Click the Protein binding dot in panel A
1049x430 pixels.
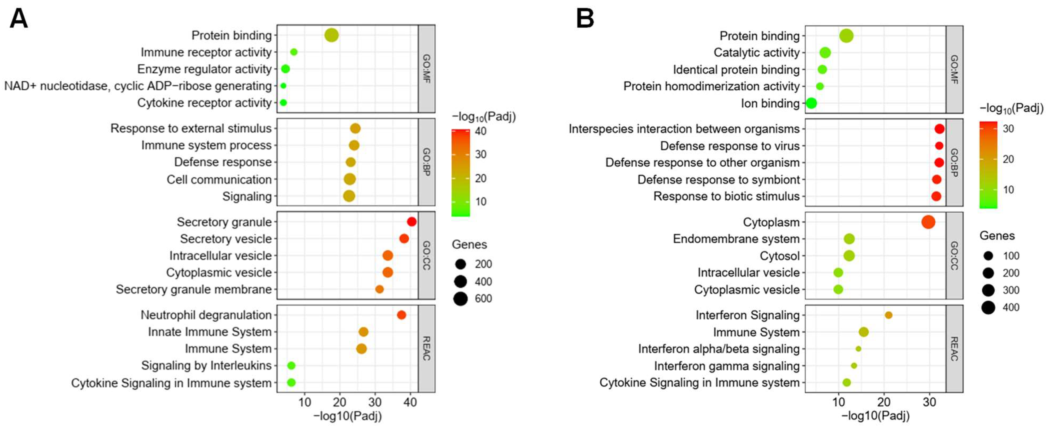pos(331,36)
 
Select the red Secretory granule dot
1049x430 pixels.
pos(411,222)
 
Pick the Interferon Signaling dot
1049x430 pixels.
pos(888,315)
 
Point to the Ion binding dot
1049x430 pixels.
pos(811,103)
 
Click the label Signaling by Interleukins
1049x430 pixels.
pos(206,365)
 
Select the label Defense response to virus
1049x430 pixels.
pos(730,146)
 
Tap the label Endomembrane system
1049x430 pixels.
pos(736,239)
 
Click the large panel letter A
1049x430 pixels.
pos(19,19)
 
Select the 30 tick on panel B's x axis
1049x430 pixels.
pos(929,402)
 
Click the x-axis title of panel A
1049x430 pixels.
pos(347,416)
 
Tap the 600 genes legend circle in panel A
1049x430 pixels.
pos(461,299)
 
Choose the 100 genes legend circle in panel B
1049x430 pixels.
pos(988,256)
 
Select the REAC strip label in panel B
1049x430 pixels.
pos(954,349)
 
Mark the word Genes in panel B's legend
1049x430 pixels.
pos(997,235)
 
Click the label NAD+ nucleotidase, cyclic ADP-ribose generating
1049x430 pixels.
pos(138,86)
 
